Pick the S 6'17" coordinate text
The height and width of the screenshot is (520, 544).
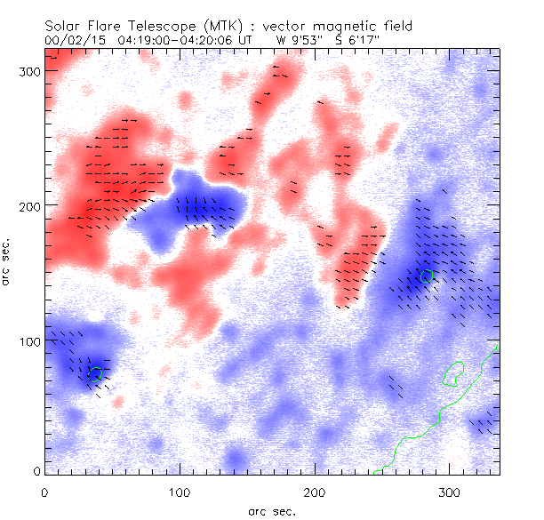click(356, 40)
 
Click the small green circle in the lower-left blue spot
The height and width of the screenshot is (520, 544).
click(95, 372)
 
